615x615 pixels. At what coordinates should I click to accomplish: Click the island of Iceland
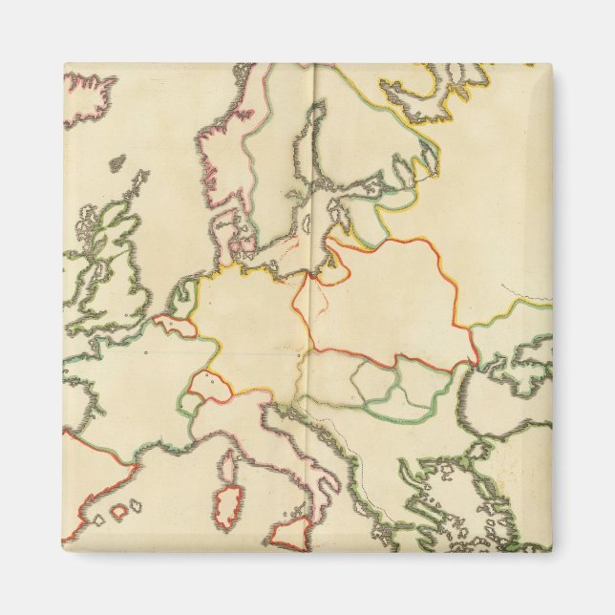88,95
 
